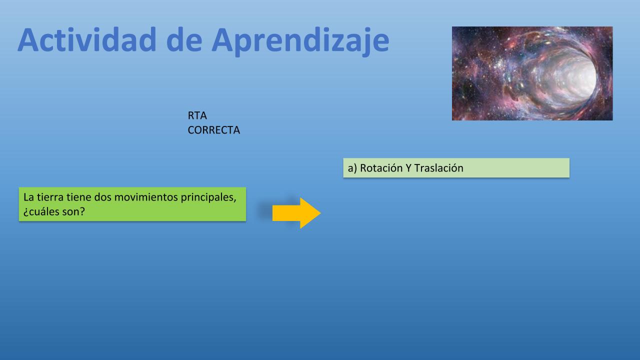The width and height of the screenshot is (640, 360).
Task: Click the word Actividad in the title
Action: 87,40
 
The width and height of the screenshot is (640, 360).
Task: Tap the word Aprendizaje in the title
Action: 300,41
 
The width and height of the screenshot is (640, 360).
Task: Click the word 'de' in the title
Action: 184,40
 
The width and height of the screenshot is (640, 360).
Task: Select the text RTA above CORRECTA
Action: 197,115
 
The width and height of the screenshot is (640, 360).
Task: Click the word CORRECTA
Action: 213,130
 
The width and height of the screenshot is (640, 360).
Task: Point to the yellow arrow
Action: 296,213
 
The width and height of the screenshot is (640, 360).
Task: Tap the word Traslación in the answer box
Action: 438,168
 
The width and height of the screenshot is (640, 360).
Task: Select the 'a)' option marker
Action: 352,168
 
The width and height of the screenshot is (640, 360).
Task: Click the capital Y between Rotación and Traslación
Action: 408,168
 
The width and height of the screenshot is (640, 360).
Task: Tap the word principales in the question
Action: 208,197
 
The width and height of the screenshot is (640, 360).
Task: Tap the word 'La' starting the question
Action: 29,197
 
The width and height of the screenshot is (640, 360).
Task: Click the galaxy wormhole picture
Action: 532,73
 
